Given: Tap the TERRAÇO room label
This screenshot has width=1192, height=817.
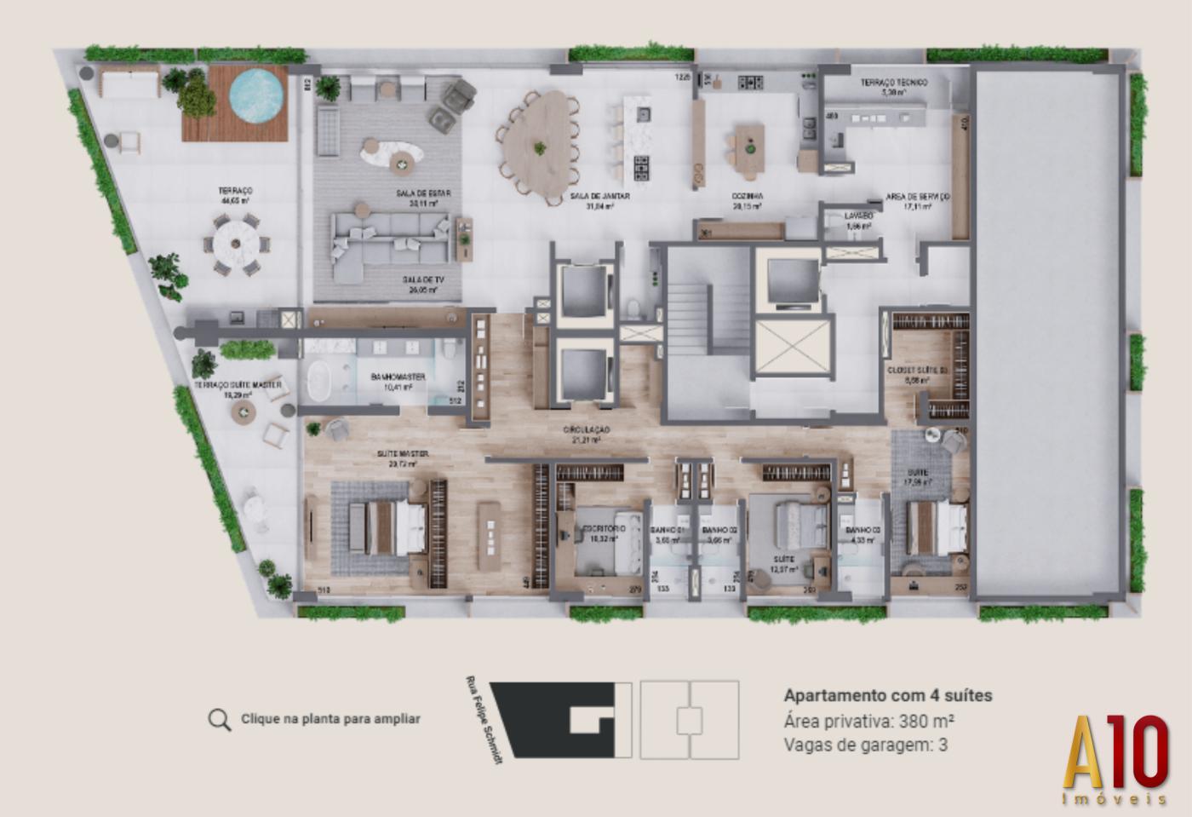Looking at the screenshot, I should (235, 192).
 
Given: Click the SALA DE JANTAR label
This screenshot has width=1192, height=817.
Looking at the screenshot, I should (600, 197).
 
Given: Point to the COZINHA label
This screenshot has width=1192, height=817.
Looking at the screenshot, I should (748, 197).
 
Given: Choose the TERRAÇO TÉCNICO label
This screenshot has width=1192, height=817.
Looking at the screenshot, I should (893, 83).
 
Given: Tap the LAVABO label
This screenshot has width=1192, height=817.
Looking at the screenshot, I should (858, 216).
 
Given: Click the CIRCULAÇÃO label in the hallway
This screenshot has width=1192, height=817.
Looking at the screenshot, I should (587, 430).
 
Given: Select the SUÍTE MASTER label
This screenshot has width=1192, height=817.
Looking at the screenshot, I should (403, 454).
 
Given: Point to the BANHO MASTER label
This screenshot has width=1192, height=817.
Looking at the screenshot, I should (398, 377).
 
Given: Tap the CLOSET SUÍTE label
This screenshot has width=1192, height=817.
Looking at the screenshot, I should (917, 371).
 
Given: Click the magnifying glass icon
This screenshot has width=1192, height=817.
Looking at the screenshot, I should (219, 720).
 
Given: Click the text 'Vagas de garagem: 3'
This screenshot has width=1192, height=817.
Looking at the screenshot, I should (866, 745).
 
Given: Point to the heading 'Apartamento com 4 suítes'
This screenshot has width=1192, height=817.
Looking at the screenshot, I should (888, 695).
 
